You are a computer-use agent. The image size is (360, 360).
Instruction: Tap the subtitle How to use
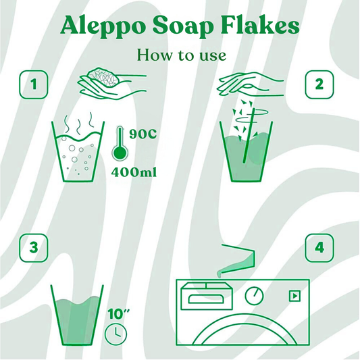click(x=182, y=55)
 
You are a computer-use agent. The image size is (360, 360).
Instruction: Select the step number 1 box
click(x=34, y=84)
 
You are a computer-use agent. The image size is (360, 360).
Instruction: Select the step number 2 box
click(x=319, y=84)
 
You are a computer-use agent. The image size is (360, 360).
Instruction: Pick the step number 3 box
click(x=34, y=248)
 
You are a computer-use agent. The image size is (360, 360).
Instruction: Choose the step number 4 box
click(x=319, y=248)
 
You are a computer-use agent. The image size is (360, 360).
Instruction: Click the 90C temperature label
click(x=143, y=134)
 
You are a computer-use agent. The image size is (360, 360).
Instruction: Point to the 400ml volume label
click(x=134, y=172)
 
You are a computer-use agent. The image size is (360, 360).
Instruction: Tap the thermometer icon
click(x=120, y=143)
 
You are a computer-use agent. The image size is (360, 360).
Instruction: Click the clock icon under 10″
click(x=115, y=334)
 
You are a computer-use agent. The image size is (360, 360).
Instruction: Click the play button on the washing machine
click(x=294, y=296)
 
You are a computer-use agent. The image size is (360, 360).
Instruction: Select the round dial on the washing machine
click(x=254, y=296)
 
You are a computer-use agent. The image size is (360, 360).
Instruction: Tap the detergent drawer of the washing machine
click(x=207, y=297)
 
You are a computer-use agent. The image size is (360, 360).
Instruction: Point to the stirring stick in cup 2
click(x=249, y=136)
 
